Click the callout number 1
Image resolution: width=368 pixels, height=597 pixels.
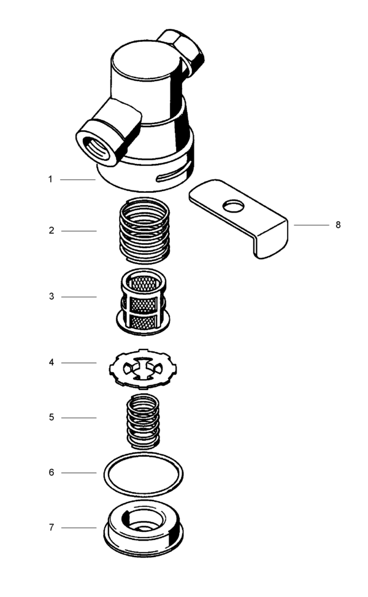(x=52, y=179)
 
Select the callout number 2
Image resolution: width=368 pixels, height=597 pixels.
(x=52, y=231)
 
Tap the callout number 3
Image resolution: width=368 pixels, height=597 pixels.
(x=52, y=297)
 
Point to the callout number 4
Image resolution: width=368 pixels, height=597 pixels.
(x=52, y=363)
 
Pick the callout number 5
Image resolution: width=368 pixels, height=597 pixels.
(x=52, y=418)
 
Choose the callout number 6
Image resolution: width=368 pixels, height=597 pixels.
(x=52, y=473)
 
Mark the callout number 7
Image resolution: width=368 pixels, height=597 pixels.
(x=52, y=528)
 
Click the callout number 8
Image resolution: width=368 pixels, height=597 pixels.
(x=338, y=225)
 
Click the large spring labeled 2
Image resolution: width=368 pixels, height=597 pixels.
(x=143, y=230)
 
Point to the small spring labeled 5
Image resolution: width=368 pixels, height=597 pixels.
(x=143, y=421)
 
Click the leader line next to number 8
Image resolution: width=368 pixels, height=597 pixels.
(x=311, y=225)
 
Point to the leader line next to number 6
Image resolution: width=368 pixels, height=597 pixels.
(x=79, y=473)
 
